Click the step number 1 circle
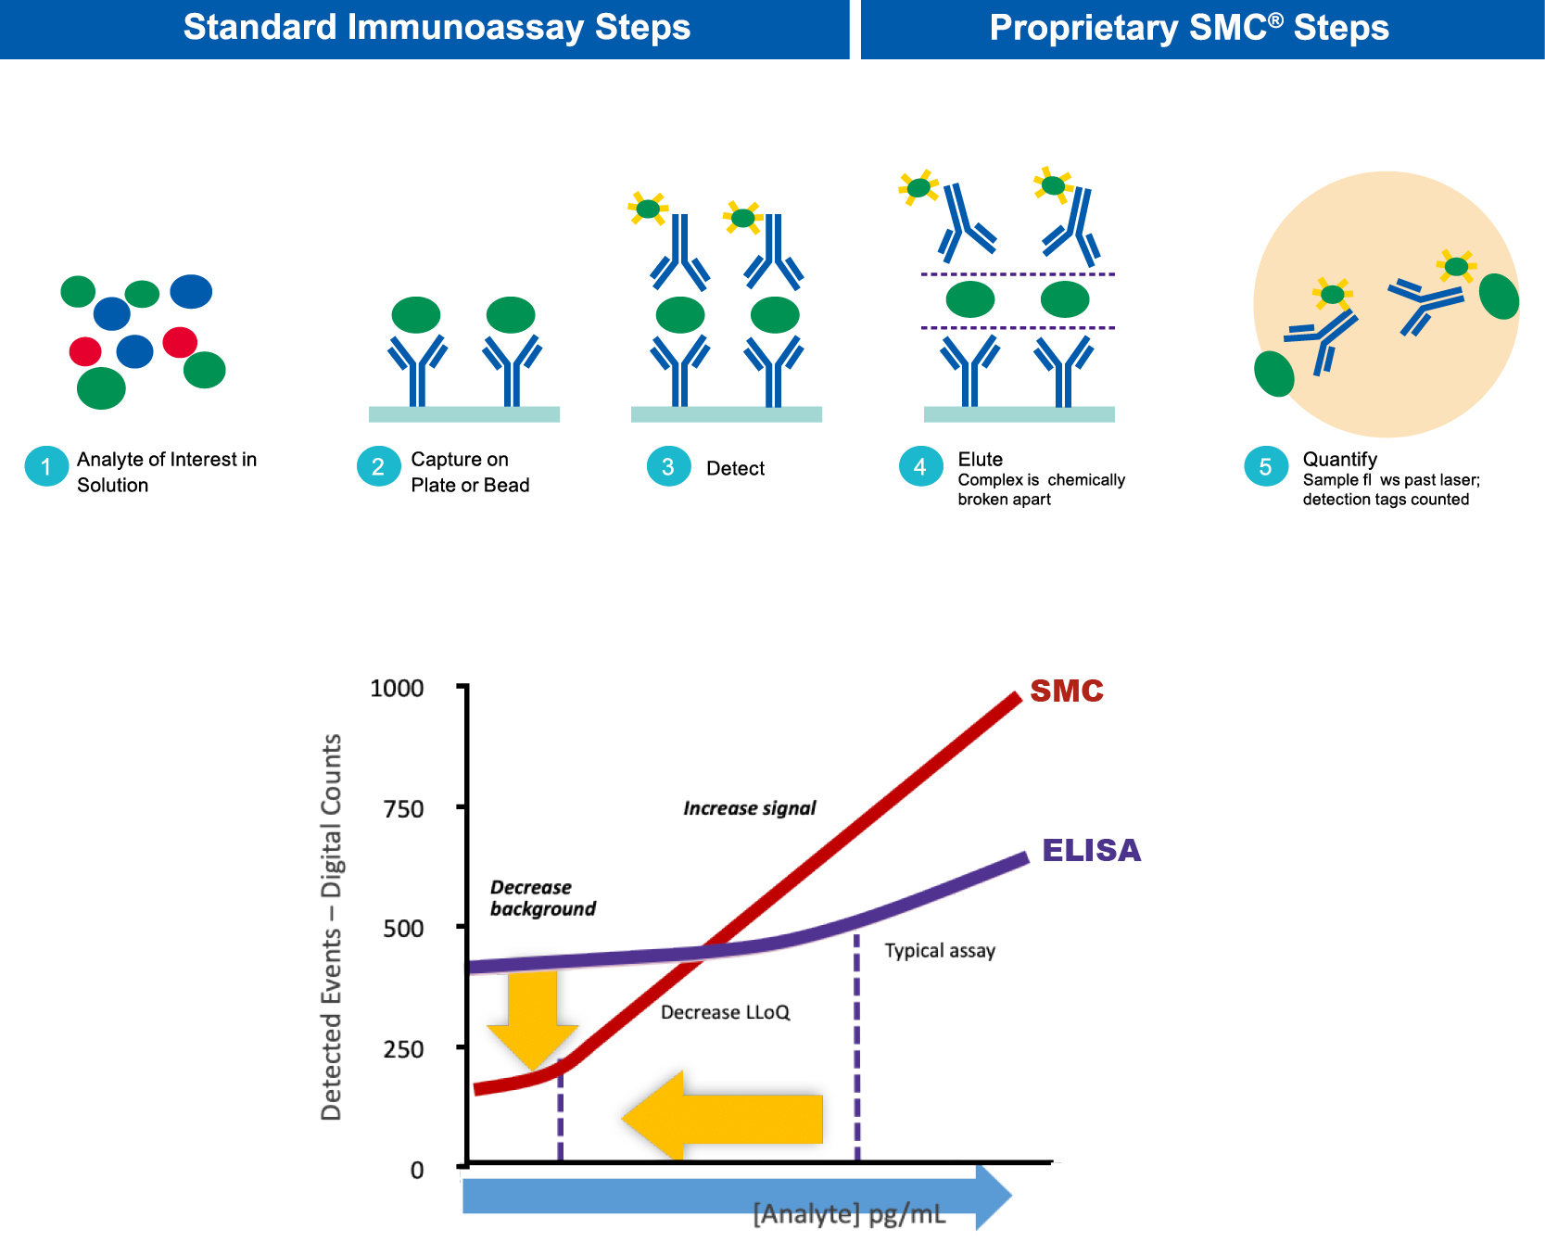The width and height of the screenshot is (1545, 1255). (46, 466)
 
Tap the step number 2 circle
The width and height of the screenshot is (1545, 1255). (378, 466)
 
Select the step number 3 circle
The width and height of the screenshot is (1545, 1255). (668, 466)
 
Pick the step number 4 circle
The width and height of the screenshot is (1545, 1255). (920, 466)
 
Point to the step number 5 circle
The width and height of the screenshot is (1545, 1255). (1265, 466)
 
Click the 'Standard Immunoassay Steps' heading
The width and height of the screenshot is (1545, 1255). (437, 28)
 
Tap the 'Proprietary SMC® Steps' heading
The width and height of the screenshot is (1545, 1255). (1189, 28)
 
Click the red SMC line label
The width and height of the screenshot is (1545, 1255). (1067, 691)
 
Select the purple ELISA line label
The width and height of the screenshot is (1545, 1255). (1091, 851)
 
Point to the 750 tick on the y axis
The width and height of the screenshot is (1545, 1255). (403, 809)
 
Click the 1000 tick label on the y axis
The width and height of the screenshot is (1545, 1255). (397, 689)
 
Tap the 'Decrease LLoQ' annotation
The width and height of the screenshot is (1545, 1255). (725, 1012)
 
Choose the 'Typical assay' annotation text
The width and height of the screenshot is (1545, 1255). (940, 951)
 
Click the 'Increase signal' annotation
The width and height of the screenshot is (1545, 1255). (749, 808)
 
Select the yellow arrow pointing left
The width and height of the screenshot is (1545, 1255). (723, 1118)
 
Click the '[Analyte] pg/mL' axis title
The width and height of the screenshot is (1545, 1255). (849, 1214)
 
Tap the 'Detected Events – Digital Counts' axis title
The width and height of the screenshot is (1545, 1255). (332, 927)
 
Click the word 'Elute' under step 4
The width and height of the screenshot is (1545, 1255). (981, 460)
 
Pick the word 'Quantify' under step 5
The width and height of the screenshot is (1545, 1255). (1340, 460)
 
